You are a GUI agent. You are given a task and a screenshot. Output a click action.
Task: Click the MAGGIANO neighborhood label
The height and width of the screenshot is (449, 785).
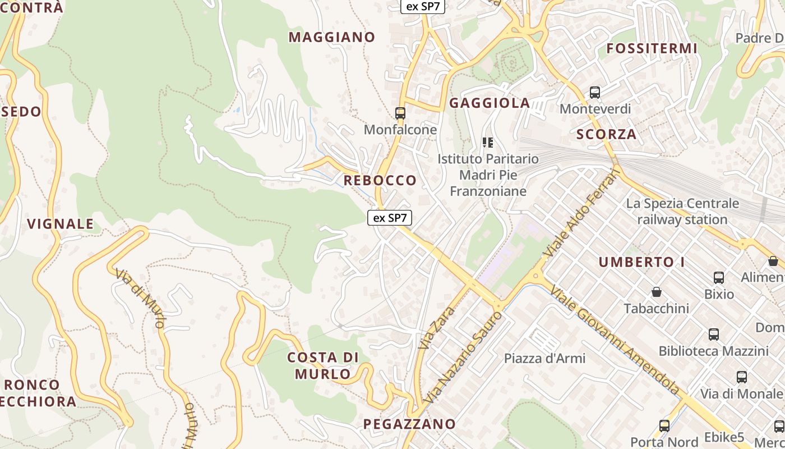pos(332,38)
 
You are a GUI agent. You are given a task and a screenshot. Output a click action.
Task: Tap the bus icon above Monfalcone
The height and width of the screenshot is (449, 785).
pos(400,113)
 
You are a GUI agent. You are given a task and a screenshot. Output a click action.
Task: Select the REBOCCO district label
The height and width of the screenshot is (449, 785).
pos(380,180)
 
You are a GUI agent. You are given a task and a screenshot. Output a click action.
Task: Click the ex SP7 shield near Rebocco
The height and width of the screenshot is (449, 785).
pos(390,218)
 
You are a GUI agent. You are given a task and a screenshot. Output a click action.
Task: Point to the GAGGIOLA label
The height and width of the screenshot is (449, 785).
pos(490,103)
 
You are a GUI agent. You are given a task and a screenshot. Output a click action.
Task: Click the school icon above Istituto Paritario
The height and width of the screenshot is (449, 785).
pos(488,143)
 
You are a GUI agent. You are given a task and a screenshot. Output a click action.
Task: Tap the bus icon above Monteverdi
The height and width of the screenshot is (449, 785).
pos(595,93)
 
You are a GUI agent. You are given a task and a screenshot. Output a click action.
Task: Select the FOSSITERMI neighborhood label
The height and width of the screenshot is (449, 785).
pos(652,49)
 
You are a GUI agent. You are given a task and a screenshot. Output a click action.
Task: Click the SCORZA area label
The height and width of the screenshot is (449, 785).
pos(607,134)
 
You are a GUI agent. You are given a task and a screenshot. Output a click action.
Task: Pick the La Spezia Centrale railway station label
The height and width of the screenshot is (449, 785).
pos(682,211)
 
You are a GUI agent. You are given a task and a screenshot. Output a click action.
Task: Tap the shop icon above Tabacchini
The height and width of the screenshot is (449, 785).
pos(657,292)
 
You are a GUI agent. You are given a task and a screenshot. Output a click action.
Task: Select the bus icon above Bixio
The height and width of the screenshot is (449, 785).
pos(719,277)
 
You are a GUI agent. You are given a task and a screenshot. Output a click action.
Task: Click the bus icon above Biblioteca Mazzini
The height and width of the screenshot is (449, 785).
pos(714,335)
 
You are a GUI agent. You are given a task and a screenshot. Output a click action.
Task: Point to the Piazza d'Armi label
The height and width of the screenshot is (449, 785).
pos(544,358)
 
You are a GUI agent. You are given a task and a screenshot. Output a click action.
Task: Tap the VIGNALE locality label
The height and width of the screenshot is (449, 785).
pos(61,224)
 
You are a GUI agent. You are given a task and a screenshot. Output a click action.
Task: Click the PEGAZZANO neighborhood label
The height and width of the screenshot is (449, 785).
pos(409,424)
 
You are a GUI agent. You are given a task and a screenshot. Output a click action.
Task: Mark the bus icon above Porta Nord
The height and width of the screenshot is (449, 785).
pos(664,426)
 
